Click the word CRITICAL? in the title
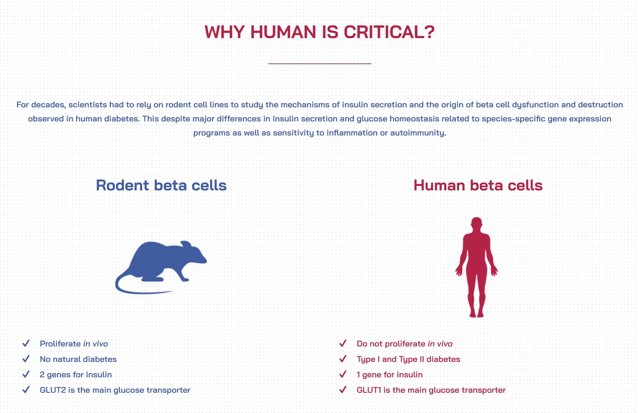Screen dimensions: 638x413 coord(389,32)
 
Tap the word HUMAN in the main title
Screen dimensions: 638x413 coord(283,32)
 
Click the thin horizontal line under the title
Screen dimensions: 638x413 coord(320,63)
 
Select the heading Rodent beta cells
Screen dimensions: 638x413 coord(161,185)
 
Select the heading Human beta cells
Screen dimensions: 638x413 coord(478,185)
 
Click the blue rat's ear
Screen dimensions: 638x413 coord(186,244)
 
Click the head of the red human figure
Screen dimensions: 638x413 coord(477,224)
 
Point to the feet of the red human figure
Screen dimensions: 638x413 coord(477,314)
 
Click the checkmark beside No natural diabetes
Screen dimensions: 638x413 coord(26,359)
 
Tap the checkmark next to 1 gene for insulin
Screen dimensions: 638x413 coord(343,374)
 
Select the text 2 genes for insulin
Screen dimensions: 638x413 coord(76,375)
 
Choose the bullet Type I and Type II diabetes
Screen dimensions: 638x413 coord(408,359)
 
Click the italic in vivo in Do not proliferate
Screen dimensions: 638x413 coord(440,344)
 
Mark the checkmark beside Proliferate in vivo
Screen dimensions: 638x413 coord(26,343)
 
